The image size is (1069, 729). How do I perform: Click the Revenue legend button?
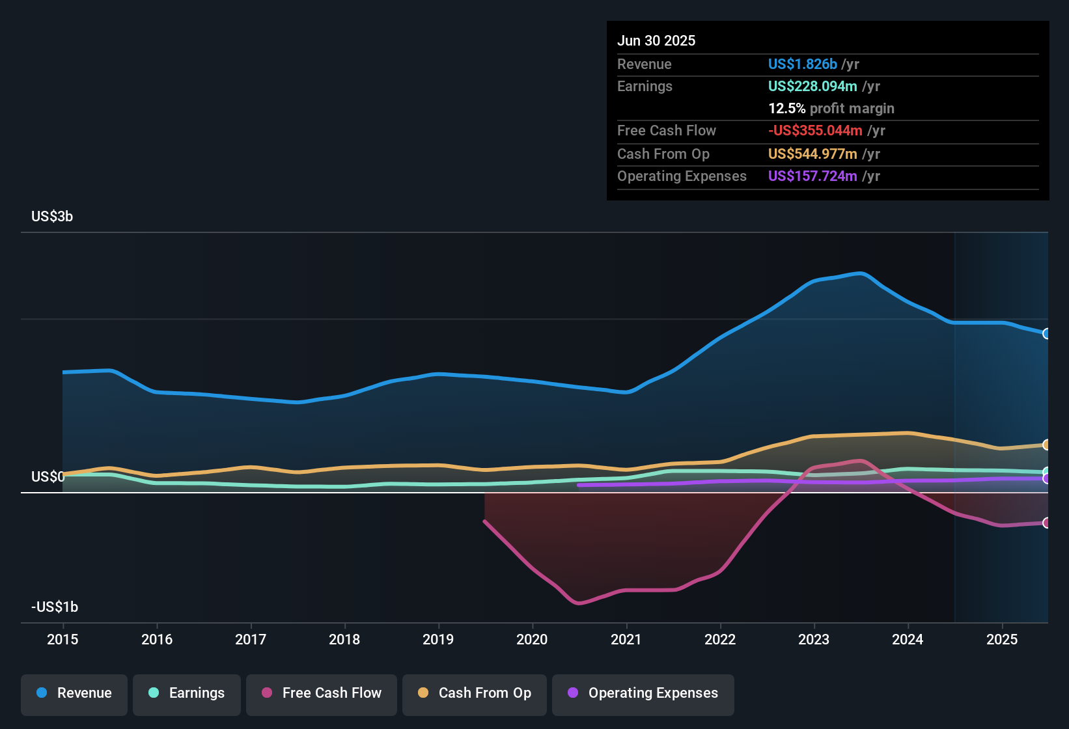tap(74, 693)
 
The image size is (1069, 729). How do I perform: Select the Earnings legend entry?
tap(187, 693)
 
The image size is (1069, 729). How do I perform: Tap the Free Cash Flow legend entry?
tap(322, 693)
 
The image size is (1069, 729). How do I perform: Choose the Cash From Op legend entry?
tap(475, 693)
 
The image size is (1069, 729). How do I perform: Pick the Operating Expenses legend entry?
tap(643, 693)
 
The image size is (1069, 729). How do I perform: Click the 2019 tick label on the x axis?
tap(438, 639)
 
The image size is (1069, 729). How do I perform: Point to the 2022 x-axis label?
tap(720, 639)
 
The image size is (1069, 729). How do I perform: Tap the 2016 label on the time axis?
tap(157, 639)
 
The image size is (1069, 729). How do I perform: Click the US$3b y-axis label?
tap(52, 216)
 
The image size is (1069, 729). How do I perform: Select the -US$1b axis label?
tap(55, 607)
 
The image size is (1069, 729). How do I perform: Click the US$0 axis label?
tap(48, 476)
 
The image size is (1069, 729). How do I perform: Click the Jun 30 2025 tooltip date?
tap(656, 40)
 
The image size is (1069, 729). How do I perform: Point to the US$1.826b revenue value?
tap(802, 64)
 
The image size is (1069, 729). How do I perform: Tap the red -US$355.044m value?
tap(814, 130)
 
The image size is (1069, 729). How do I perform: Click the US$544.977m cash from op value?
tap(812, 154)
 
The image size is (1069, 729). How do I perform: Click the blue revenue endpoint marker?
tap(1046, 333)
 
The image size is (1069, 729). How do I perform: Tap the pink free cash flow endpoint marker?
tap(1046, 523)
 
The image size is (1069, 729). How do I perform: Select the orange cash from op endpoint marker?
tap(1046, 445)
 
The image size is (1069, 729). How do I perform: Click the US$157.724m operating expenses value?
tap(812, 176)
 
